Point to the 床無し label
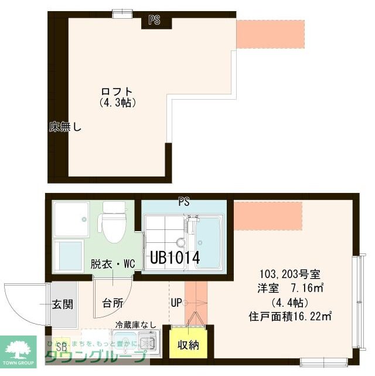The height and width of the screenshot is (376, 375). (66, 126)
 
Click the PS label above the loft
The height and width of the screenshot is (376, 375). (154, 20)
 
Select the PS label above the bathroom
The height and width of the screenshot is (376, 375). (184, 201)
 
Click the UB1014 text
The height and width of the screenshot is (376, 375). (175, 257)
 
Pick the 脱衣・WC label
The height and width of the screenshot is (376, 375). (113, 264)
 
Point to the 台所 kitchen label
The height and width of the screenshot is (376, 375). (112, 303)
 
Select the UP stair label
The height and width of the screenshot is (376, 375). (176, 303)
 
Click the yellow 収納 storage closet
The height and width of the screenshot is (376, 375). (189, 344)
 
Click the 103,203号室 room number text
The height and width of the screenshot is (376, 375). (289, 273)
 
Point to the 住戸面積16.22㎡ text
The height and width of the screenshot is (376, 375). (291, 317)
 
